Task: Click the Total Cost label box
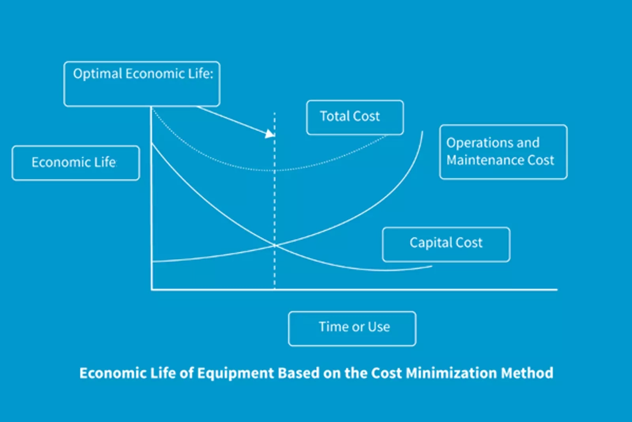355,117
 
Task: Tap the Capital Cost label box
446,245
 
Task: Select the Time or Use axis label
352,329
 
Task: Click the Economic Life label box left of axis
76,163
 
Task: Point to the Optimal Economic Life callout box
142,84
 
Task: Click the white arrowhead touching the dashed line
270,134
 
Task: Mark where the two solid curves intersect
275,246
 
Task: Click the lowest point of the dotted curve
274,170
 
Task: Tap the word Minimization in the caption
451,373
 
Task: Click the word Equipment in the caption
235,373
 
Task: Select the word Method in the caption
527,373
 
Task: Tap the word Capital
430,243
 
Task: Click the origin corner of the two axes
152,289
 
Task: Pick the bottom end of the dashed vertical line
275,288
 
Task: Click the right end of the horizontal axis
557,289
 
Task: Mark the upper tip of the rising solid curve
422,131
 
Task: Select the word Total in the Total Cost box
334,116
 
